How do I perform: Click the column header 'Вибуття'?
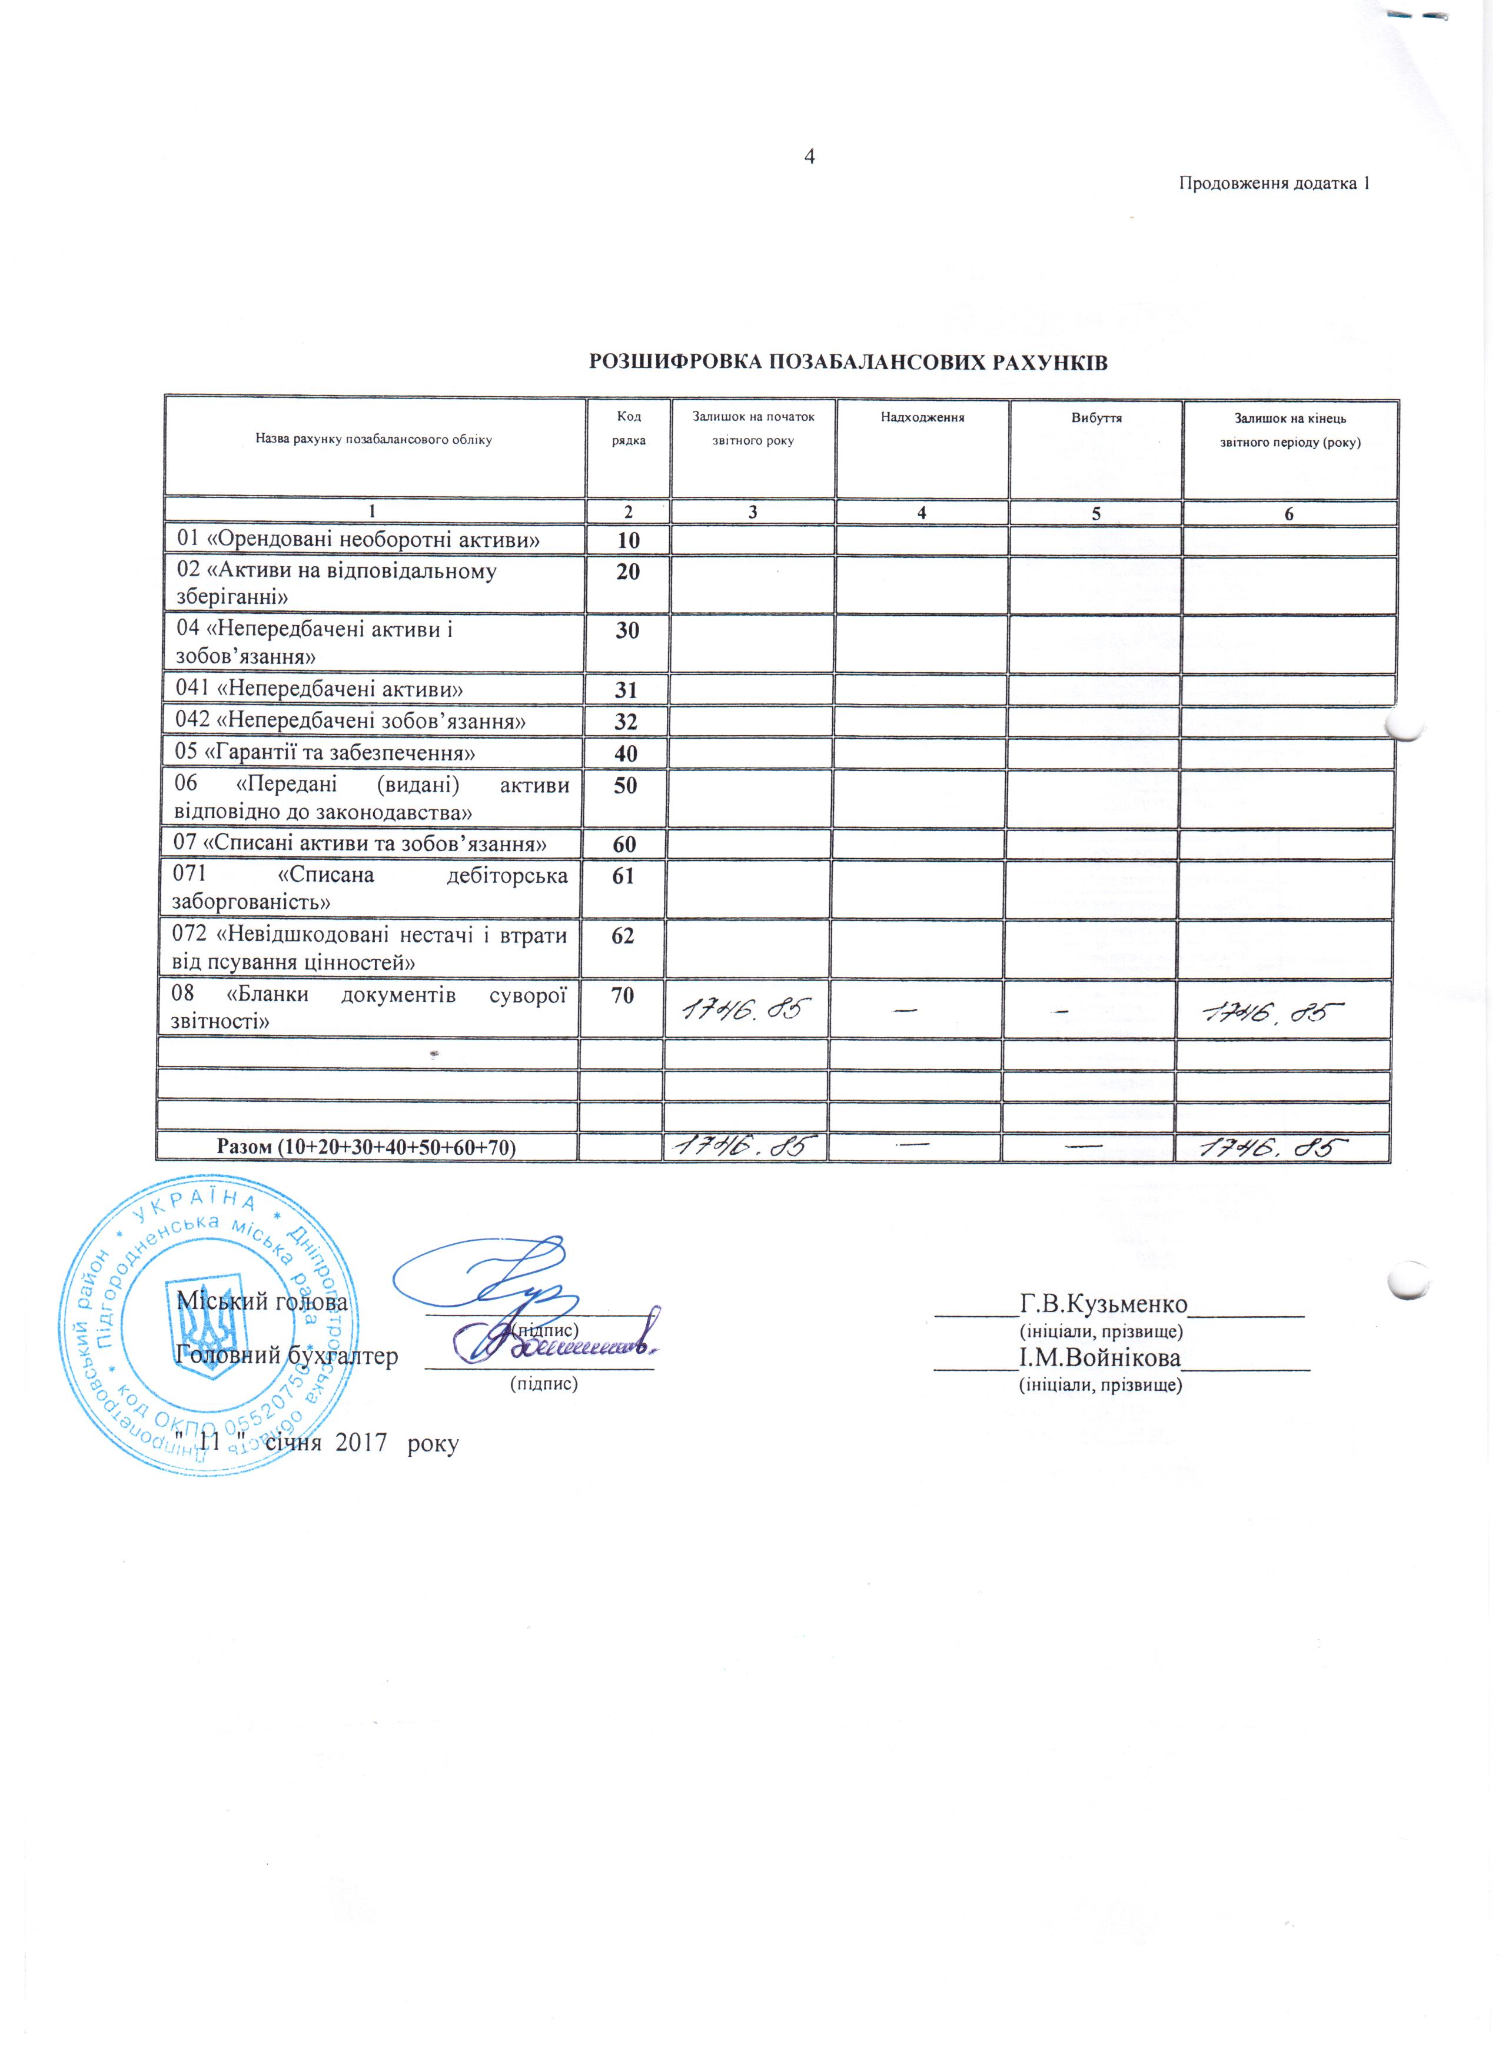pos(1096,418)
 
